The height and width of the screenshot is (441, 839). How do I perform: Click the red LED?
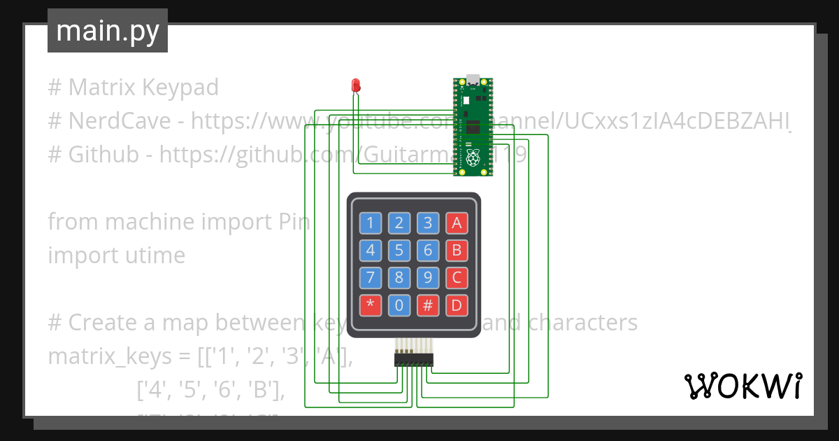355,86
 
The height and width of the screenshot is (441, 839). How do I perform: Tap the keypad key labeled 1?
371,223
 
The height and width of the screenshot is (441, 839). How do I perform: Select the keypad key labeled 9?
428,278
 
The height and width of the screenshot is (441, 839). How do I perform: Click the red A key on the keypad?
457,223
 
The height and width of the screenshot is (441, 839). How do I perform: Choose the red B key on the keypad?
457,251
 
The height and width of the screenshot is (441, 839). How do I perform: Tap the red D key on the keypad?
457,305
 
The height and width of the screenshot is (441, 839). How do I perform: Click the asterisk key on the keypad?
371,305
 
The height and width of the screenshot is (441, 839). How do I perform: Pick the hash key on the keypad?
428,305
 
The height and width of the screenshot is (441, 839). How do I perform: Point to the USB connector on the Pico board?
473,80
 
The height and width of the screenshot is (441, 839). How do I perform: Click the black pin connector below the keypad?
413,359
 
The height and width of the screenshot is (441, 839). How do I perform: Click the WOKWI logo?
743,386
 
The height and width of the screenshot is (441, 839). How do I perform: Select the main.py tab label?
108,31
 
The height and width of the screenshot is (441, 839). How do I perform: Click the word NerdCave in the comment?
120,121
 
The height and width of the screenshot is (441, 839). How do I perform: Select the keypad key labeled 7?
371,278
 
